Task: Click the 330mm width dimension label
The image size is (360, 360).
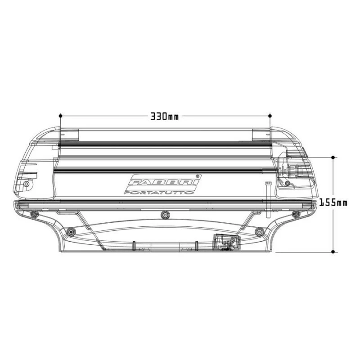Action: [164, 116]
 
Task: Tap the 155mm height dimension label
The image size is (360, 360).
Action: [333, 203]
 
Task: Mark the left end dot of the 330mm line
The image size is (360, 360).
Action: [60, 116]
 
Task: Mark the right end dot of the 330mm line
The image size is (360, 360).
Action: [270, 116]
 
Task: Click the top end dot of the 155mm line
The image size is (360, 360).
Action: [333, 157]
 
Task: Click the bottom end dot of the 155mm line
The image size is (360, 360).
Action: [333, 252]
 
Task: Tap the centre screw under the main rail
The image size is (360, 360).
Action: [165, 215]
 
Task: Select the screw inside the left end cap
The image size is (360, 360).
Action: [26, 184]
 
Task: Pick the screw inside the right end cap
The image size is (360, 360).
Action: [288, 183]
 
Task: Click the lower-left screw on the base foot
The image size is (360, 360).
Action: [70, 232]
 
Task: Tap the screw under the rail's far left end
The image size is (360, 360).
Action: [34, 214]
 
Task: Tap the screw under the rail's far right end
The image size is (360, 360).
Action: [296, 214]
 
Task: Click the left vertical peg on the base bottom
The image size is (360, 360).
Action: [134, 245]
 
